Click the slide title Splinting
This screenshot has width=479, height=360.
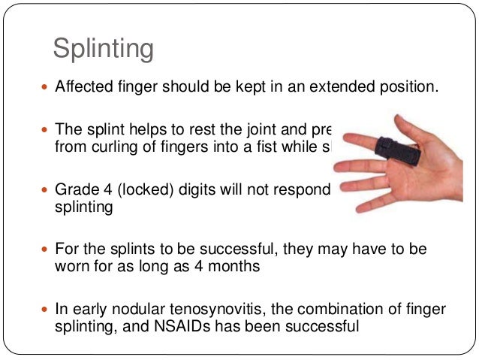[103, 49]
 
